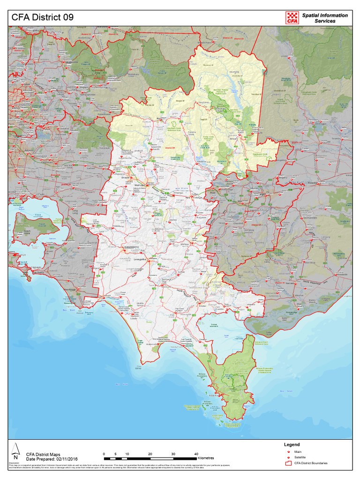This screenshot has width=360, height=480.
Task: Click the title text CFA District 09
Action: [x=43, y=17]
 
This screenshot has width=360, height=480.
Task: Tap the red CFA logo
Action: [x=292, y=17]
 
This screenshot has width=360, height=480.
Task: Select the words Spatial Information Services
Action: [x=325, y=18]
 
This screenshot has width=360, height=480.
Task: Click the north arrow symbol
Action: [x=15, y=450]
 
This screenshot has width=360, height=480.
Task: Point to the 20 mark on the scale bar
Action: [x=150, y=454]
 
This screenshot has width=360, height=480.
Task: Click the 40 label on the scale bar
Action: [x=196, y=454]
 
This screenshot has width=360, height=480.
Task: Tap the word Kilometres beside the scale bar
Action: [x=206, y=458]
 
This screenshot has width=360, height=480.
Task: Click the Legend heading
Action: [x=292, y=444]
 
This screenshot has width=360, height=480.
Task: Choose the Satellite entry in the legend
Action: [x=300, y=457]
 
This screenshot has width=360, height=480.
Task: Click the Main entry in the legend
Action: [x=298, y=451]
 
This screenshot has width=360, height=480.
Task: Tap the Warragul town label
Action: [x=139, y=186]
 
